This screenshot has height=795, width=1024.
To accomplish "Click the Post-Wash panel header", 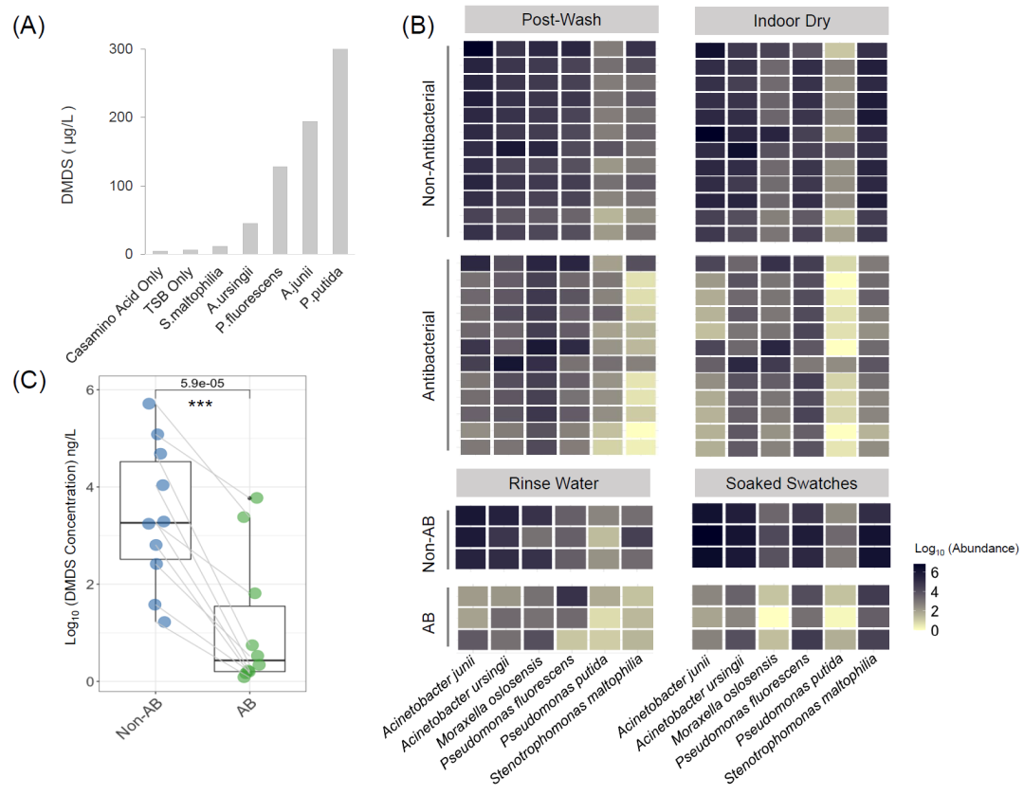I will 560,20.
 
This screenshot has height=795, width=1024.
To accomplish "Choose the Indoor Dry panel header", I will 792,20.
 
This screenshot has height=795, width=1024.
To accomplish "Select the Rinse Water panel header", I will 554,483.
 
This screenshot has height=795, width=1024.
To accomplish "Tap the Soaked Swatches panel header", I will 791,483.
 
